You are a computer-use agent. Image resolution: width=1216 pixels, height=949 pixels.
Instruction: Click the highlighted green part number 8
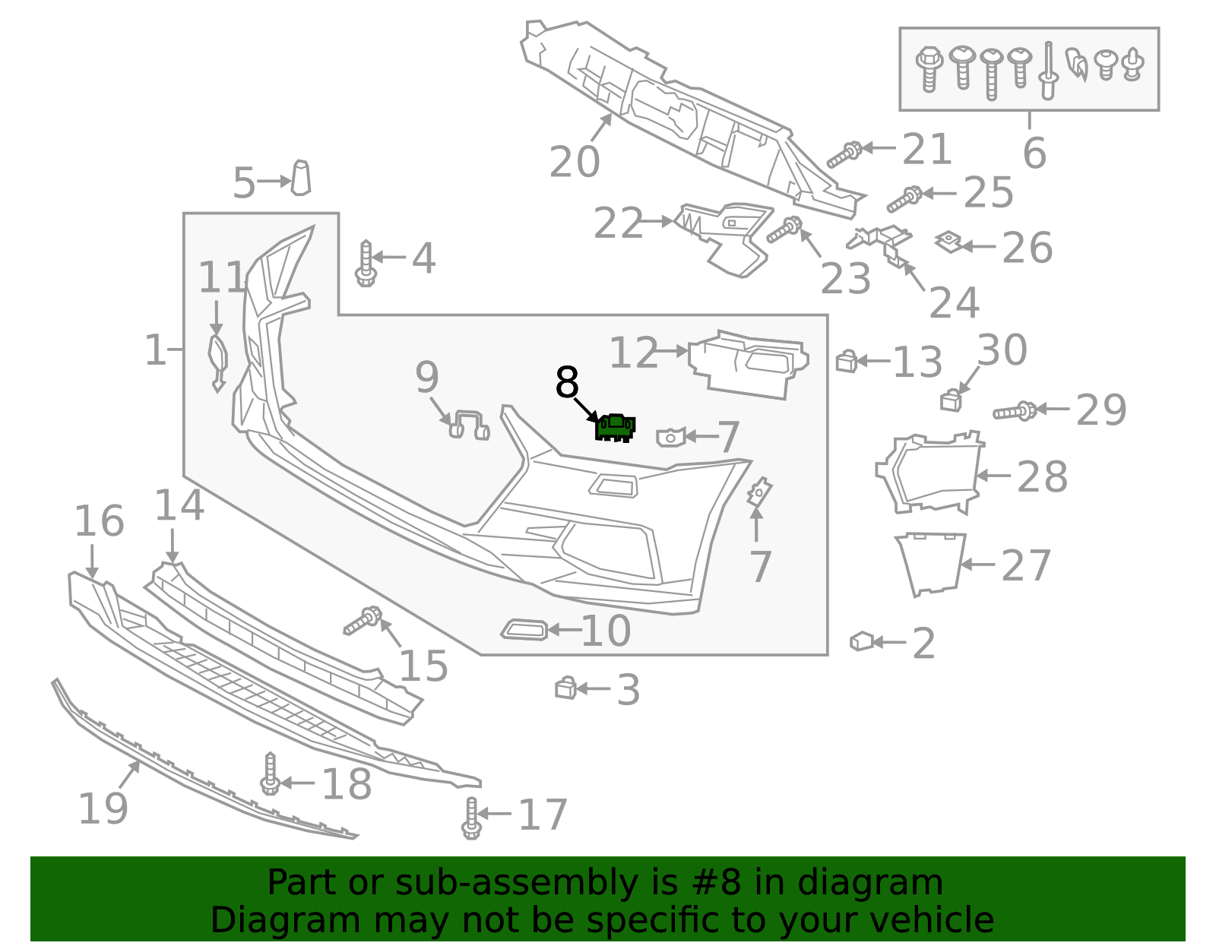coord(615,428)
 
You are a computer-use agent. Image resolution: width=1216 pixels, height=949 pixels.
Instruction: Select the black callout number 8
coord(567,382)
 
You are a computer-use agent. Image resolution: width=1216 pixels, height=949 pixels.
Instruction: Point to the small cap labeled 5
coord(301,178)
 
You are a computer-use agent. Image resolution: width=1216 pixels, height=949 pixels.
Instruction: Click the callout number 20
coord(575,162)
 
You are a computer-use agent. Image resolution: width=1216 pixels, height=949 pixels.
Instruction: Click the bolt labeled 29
coord(1014,412)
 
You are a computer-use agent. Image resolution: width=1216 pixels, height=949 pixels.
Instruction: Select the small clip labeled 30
coord(951,400)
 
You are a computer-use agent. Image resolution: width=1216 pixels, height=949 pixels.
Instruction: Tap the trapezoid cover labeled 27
coord(932,563)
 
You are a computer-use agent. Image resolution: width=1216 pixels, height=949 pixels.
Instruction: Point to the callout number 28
coord(1042,477)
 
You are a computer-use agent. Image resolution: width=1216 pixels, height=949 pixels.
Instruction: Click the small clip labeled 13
coord(846,361)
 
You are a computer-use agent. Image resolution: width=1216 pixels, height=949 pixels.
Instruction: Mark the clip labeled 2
coord(861,641)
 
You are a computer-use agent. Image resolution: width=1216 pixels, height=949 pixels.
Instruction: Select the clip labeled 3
coord(565,688)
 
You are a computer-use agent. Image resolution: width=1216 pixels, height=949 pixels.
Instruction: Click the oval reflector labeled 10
coord(524,629)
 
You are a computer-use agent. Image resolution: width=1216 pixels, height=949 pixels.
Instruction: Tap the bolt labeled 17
coord(471,818)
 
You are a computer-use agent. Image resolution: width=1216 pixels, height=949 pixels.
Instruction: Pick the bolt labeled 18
coord(270,774)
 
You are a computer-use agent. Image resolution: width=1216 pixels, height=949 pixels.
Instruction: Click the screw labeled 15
coord(362,620)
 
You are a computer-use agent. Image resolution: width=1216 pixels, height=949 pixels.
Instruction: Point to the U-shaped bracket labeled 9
coord(469,424)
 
